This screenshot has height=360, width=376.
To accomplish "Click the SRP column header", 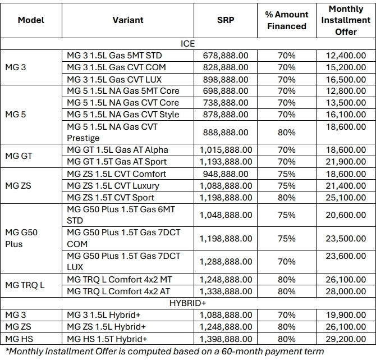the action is click(226, 20).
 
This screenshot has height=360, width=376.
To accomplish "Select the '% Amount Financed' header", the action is click(287, 20).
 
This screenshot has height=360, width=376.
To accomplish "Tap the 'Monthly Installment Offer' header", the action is click(346, 20).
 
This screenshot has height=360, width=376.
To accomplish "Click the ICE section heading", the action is click(187, 44).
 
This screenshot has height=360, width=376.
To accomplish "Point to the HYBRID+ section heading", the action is click(187, 303).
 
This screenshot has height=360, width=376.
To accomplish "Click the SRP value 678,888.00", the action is click(226, 56).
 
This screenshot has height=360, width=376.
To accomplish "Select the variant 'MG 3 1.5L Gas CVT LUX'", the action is click(114, 79).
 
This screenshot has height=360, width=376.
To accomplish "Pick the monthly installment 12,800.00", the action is click(346, 91).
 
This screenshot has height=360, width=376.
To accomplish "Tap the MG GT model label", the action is click(19, 156).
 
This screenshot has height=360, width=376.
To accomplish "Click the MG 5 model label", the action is click(15, 115).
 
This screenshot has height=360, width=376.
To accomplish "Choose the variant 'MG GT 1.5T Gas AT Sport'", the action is click(117, 162).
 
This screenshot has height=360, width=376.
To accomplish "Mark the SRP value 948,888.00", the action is click(226, 174).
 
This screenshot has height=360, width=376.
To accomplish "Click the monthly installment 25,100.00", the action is click(346, 198).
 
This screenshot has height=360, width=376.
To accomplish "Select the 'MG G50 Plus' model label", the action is click(21, 238).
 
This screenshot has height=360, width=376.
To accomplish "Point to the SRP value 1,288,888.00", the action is click(226, 262).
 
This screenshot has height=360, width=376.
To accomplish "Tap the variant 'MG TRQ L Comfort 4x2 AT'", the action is click(118, 291).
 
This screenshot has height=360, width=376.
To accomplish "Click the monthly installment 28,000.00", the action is click(346, 291).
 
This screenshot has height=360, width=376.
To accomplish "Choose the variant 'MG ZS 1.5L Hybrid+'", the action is click(106, 327).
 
